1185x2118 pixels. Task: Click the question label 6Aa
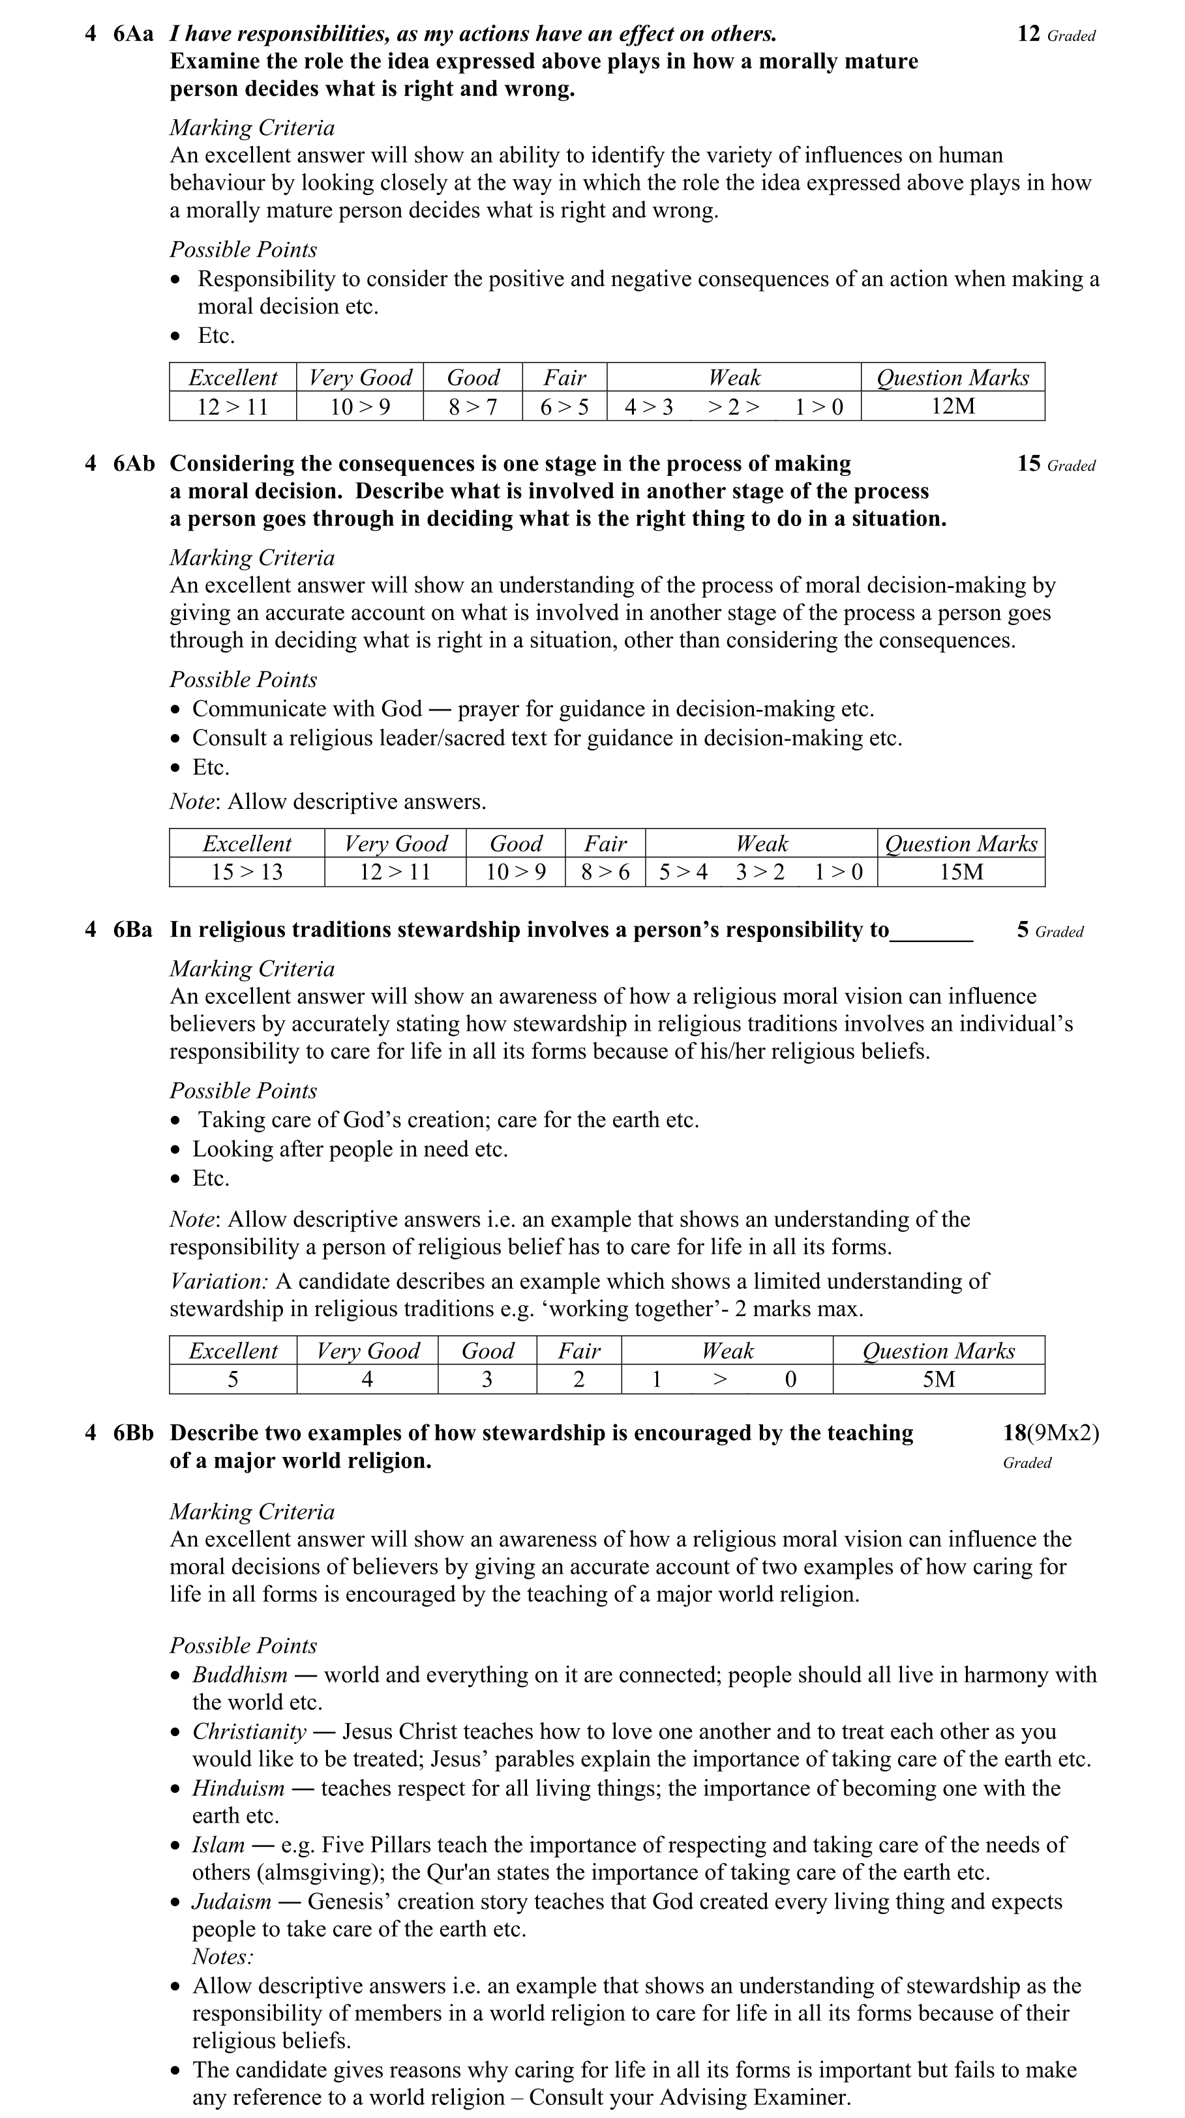point(133,35)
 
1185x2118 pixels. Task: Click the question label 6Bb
point(133,1433)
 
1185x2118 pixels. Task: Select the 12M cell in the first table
point(952,406)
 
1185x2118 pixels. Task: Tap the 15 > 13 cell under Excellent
point(247,872)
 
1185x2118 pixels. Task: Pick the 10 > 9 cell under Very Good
point(359,406)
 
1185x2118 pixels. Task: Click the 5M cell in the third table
point(938,1379)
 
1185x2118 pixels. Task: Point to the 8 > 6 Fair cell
point(605,872)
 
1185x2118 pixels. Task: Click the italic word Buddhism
point(240,1675)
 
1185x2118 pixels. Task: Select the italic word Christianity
point(249,1731)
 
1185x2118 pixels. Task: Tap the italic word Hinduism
point(239,1788)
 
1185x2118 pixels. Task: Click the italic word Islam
point(218,1845)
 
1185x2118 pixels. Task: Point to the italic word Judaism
point(232,1902)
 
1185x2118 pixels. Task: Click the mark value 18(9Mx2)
point(1050,1433)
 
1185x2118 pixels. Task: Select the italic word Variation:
point(218,1281)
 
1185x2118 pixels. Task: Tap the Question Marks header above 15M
point(961,844)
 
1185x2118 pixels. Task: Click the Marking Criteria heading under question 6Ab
point(252,558)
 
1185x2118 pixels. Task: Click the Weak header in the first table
point(734,378)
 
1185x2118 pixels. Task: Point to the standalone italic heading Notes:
point(223,1957)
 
